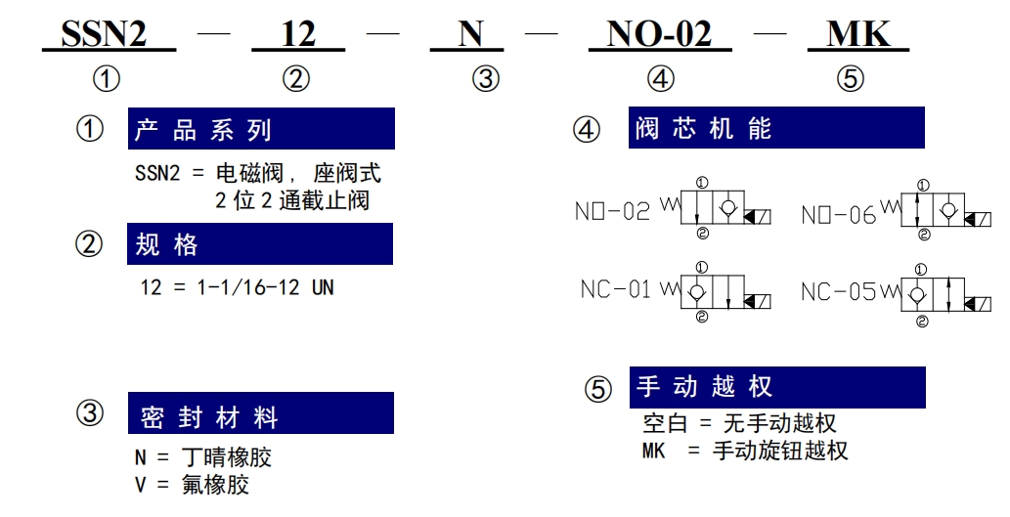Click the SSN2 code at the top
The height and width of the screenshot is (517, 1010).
coord(104,33)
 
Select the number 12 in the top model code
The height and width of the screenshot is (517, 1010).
coord(298,34)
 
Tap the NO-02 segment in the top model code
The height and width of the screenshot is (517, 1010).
coord(660,33)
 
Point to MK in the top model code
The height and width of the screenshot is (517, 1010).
coord(858,33)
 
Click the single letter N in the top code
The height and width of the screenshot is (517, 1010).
coord(470,33)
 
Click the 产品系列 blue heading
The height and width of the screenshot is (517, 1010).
coord(261,129)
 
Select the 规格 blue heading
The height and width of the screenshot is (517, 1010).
coord(259,243)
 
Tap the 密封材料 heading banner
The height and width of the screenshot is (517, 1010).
coord(260,412)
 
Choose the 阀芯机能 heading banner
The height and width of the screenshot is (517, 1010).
coord(776,127)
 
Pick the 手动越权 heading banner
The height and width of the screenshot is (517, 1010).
coord(777,387)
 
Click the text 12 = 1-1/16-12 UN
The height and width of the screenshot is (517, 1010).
coord(237,287)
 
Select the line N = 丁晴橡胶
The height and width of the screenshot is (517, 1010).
coord(203,457)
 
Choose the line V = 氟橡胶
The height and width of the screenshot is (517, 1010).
coord(192,484)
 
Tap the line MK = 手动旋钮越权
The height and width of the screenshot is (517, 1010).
coord(745,450)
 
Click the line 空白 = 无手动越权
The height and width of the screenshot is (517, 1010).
coord(739,423)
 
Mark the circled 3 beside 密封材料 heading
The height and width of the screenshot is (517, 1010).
coord(90,412)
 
